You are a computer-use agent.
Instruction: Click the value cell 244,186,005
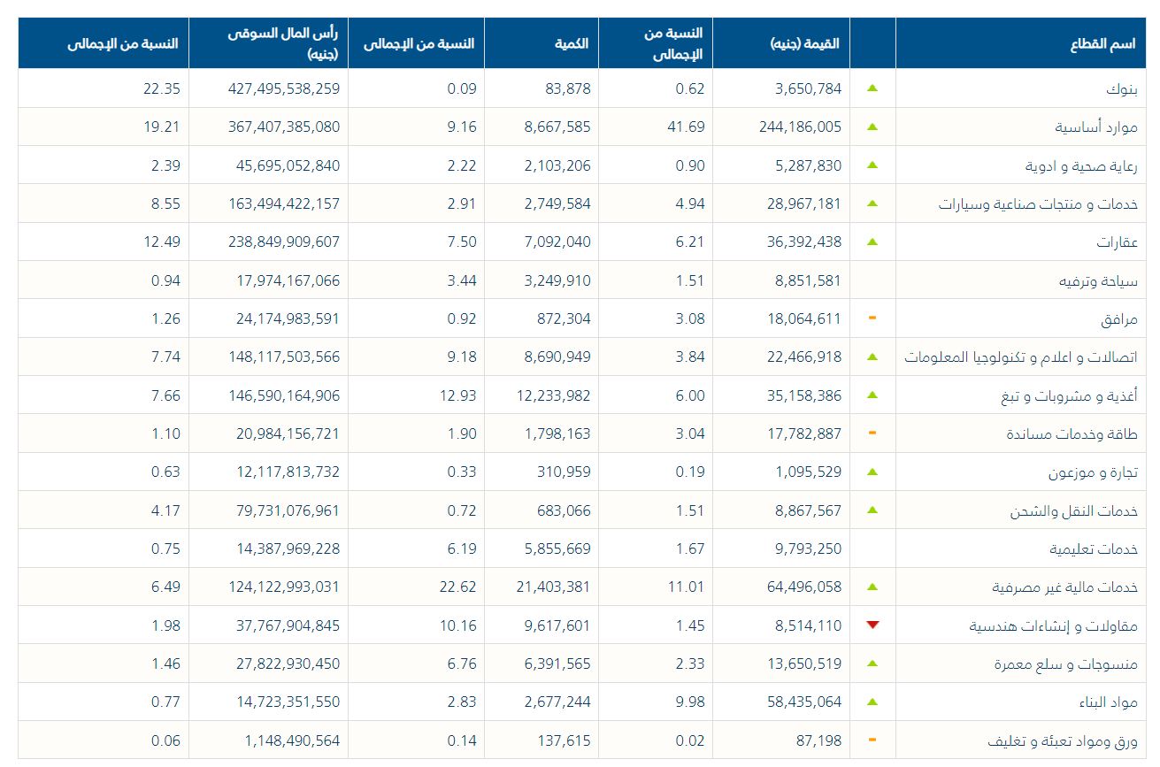tap(800, 127)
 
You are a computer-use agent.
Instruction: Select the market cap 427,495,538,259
tap(276, 88)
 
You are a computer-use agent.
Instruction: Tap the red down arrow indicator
tap(873, 625)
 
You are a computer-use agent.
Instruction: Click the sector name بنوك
tap(1123, 89)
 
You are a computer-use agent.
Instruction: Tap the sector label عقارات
tap(1117, 242)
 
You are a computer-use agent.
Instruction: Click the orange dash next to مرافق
tap(872, 318)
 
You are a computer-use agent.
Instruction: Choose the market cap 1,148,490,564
tap(283, 740)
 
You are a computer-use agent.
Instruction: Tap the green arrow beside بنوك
tap(872, 88)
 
